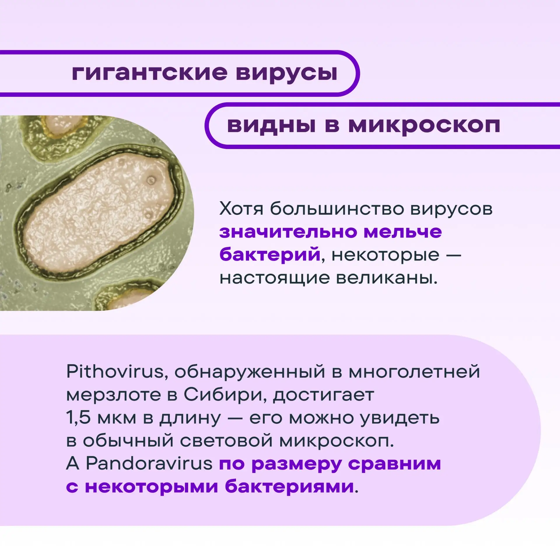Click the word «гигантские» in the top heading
[149, 73]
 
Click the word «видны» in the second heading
[271, 126]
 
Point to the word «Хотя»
[241, 209]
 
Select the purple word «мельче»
[403, 232]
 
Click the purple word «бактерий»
[270, 255]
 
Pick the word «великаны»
[387, 278]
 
